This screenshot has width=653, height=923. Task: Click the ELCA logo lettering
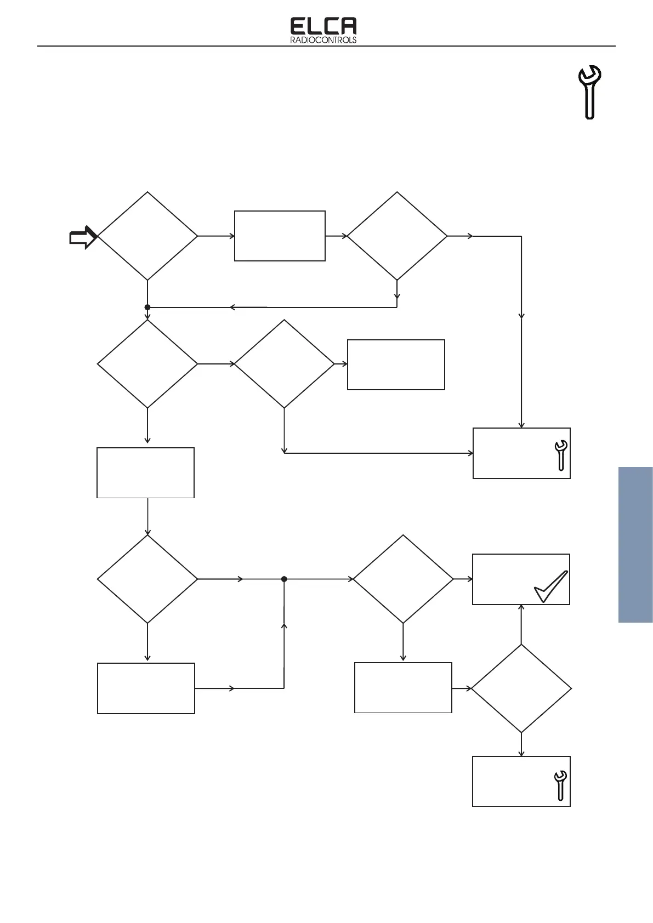coord(323,26)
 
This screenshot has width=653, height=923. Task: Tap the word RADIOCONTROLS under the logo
coord(323,40)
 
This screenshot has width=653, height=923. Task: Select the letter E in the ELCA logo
coord(298,26)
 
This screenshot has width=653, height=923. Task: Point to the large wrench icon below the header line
coord(590,92)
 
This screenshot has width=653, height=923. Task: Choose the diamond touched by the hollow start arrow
coord(147,236)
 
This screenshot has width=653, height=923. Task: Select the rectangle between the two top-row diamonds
coord(280,236)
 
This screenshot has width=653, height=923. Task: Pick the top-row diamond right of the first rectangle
coord(397,236)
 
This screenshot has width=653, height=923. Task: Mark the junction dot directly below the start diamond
coord(147,307)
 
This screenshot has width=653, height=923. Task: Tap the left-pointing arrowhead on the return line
coord(233,307)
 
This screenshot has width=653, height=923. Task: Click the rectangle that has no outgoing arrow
coord(396,364)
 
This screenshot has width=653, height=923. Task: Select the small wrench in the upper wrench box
coord(561,455)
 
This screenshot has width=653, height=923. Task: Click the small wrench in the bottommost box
coord(560,785)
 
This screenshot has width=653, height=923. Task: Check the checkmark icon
coord(551,586)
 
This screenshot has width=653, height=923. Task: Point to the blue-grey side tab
coord(635,544)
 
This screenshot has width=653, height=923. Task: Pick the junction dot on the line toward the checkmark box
coord(284,579)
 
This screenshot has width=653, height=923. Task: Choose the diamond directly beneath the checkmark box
coord(521,688)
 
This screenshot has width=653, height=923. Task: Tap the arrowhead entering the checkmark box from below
coord(521,608)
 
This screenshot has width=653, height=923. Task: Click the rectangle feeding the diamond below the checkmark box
coord(403,688)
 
